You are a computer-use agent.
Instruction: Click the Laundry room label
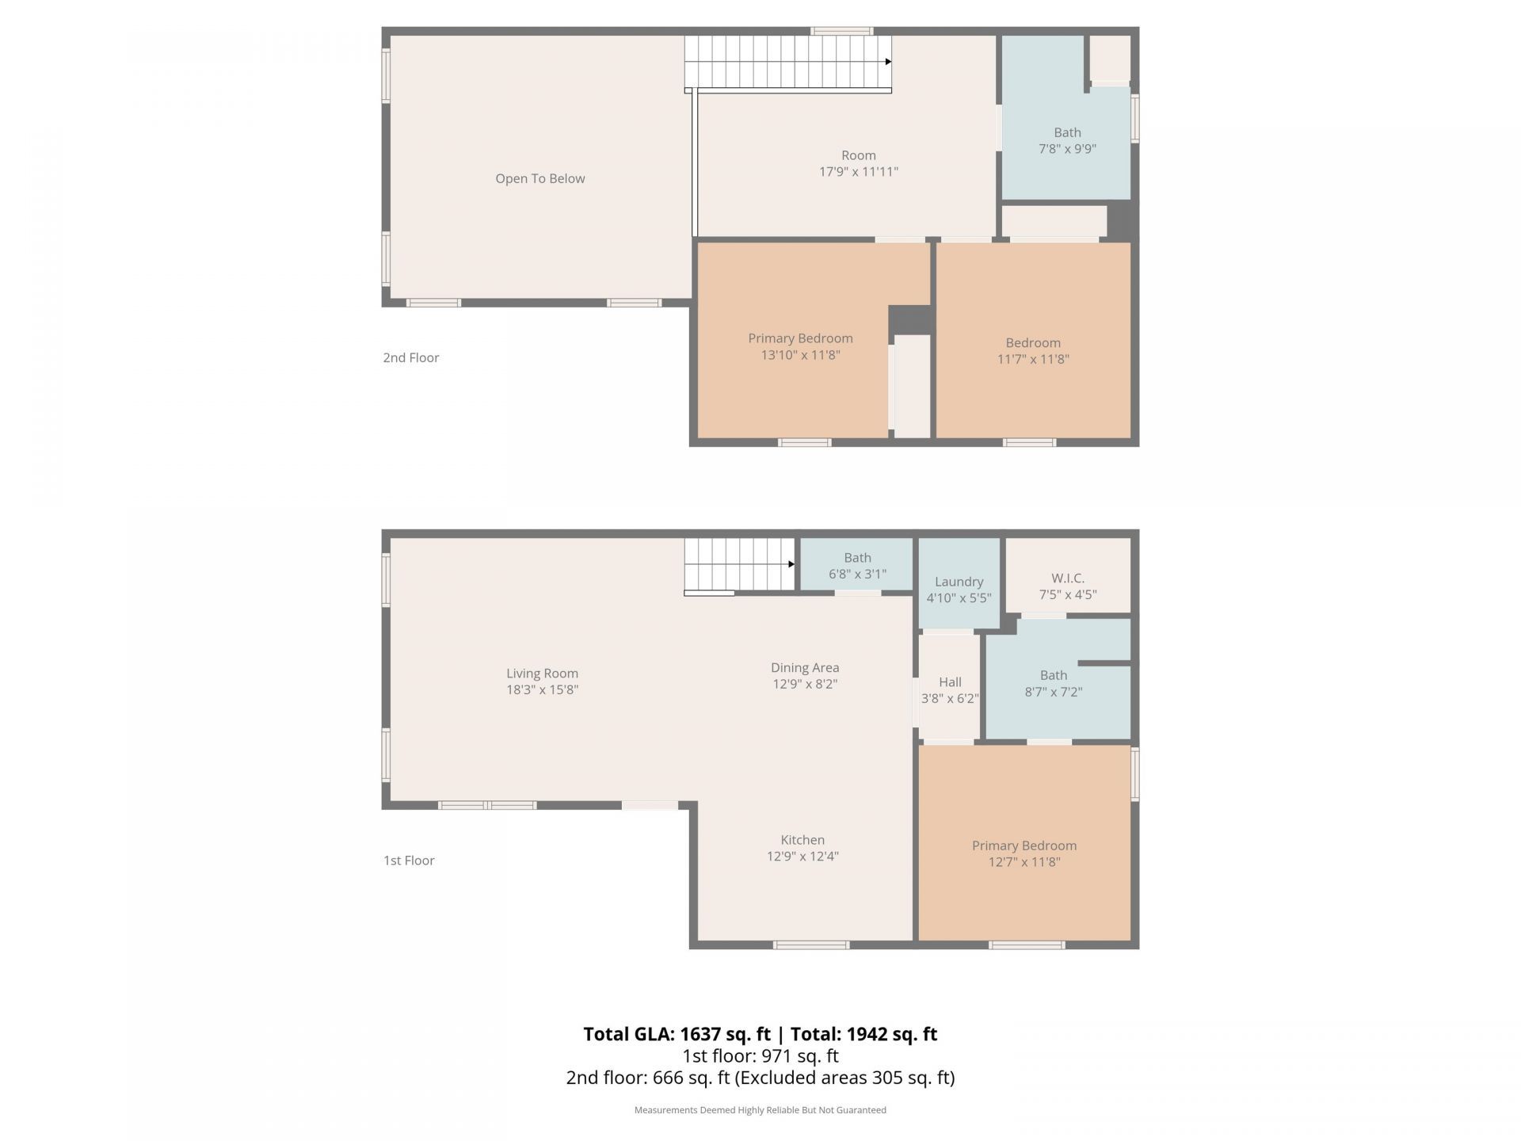click(x=959, y=582)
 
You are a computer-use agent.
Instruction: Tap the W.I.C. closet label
click(x=1067, y=578)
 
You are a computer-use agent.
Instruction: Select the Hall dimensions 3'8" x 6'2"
click(x=950, y=699)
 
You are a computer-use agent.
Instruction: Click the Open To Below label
click(x=539, y=179)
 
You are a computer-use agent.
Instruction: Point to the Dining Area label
click(x=805, y=668)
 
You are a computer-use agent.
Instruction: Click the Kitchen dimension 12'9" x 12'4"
click(x=802, y=857)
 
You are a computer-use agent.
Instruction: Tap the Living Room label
click(x=542, y=674)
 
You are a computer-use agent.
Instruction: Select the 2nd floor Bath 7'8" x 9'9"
click(x=1067, y=141)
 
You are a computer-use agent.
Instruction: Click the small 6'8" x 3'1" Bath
click(x=857, y=566)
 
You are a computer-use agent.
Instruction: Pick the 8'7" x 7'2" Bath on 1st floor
click(x=1053, y=683)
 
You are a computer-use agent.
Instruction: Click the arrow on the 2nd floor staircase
click(x=888, y=62)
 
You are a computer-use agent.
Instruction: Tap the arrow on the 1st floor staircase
click(x=791, y=564)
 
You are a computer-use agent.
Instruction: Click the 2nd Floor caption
click(x=410, y=357)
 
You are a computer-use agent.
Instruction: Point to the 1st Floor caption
click(x=409, y=861)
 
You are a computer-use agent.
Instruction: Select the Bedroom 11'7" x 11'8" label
click(x=1032, y=350)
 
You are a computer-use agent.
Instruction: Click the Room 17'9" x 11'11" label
click(x=858, y=163)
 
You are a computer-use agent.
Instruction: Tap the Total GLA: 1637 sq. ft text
click(x=677, y=1034)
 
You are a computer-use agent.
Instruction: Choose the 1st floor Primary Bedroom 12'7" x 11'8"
click(x=1024, y=853)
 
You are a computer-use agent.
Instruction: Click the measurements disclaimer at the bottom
click(x=760, y=1110)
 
